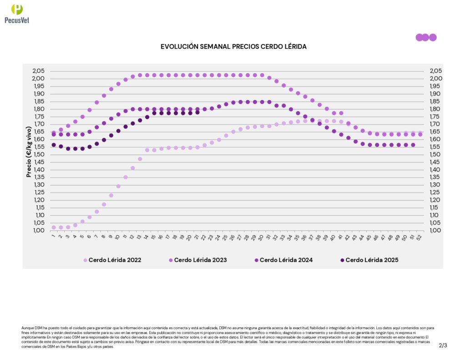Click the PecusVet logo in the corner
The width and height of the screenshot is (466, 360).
click(x=17, y=14)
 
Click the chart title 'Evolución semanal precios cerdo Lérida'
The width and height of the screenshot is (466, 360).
click(x=233, y=47)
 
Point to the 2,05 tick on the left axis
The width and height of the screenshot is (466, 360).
click(x=39, y=71)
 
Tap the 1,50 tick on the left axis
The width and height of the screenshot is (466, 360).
click(x=39, y=154)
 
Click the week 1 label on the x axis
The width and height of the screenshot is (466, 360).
click(x=54, y=236)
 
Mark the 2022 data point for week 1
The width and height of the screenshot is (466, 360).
click(x=54, y=227)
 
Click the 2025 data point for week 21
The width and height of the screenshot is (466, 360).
click(x=198, y=112)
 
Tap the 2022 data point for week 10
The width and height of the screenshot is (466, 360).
click(x=118, y=186)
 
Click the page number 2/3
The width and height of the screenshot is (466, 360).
click(x=443, y=345)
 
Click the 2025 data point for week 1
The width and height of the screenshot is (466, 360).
click(x=54, y=145)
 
